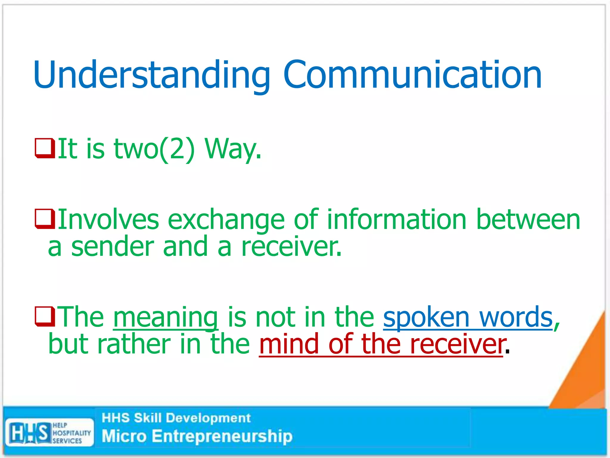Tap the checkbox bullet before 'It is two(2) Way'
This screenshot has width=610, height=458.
(45, 148)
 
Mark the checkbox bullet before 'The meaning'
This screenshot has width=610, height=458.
(45, 316)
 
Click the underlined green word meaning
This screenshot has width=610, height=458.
(166, 317)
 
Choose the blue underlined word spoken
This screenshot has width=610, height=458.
(426, 317)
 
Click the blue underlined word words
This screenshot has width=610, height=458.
(516, 317)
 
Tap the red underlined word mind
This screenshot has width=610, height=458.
(289, 344)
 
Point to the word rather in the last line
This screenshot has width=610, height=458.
(134, 344)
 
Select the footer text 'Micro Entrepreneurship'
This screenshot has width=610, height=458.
(197, 436)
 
